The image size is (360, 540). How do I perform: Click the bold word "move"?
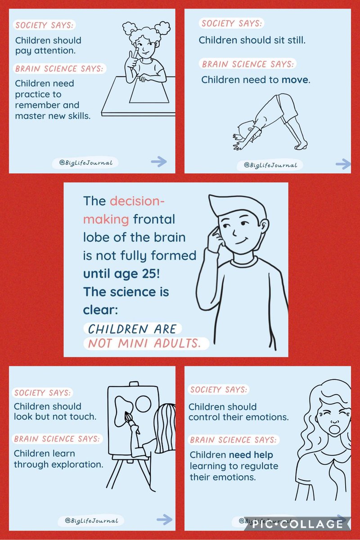[x=295, y=80]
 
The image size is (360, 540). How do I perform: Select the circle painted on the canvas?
[x=143, y=403]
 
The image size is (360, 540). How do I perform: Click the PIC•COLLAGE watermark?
[x=297, y=524]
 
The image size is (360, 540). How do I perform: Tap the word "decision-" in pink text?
[x=137, y=201]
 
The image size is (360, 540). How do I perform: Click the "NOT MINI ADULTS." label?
[x=145, y=343]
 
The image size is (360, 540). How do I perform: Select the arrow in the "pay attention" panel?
[x=159, y=161]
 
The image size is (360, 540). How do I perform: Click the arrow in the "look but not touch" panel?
[x=164, y=519]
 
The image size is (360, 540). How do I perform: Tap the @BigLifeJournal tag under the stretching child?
[x=270, y=165]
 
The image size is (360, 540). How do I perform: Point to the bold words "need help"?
[x=251, y=455]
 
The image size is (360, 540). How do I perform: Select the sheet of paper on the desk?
[x=149, y=90]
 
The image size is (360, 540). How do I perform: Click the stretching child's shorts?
[x=287, y=108]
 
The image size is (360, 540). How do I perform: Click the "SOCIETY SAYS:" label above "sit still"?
[x=232, y=23]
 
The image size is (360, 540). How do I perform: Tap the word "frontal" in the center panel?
[x=154, y=219]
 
